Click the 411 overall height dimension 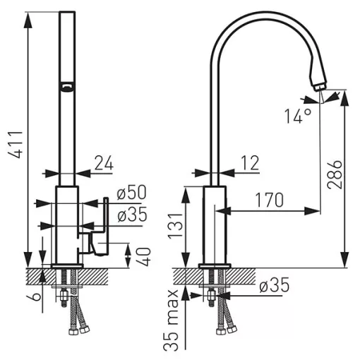point(16,144)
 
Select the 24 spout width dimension point(104,163)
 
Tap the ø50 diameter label point(131,193)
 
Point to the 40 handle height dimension point(144,256)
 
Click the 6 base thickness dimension point(36,296)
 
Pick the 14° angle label point(298,116)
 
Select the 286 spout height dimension point(335,174)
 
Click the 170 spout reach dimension point(270,200)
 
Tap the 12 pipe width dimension point(250,163)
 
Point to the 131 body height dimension point(175,226)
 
